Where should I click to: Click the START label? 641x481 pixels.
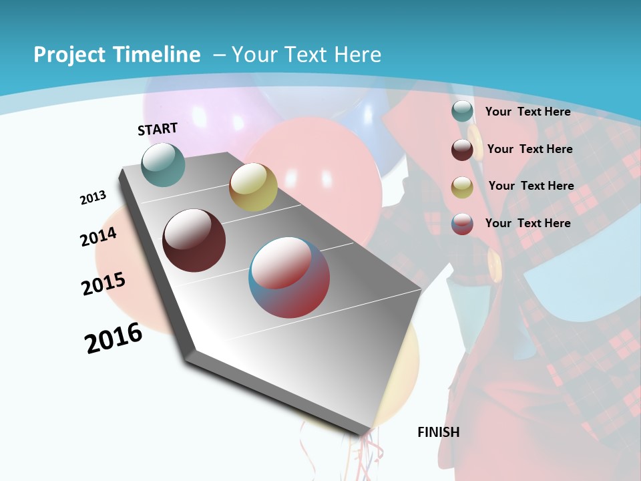point(158,129)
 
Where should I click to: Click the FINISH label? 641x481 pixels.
point(439,432)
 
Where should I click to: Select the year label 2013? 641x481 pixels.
point(93,197)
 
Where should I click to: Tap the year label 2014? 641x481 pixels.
point(99,236)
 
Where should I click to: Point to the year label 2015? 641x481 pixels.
point(103,284)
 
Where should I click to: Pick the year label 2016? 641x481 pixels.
point(114,337)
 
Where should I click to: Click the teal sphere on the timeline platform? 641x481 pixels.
point(164,164)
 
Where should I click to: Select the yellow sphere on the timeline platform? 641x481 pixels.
point(253,187)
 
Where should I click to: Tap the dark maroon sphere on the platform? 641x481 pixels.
point(194,240)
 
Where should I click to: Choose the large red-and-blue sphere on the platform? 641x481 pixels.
point(289,277)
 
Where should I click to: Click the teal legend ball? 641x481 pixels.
point(462,112)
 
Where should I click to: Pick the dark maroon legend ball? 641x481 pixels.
point(462,150)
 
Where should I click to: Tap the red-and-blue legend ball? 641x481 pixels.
point(462,224)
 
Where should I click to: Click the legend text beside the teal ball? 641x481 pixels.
point(528,112)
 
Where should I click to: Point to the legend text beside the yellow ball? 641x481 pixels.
point(531,186)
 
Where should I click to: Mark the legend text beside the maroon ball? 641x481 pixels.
point(530,149)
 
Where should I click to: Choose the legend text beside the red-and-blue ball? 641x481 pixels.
point(528,222)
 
